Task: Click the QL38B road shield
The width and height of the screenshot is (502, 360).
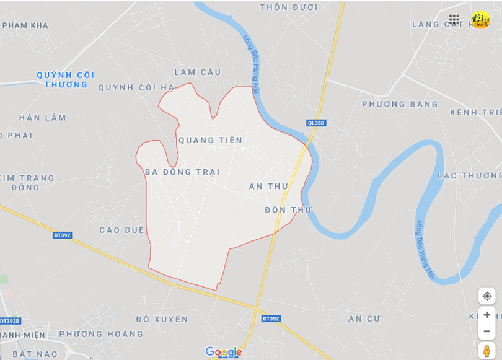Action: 316,123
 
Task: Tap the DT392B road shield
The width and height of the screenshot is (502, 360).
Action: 11,321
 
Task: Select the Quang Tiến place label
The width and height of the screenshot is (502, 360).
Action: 211,140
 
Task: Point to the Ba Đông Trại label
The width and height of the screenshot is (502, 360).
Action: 182,172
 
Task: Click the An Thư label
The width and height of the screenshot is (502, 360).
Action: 268,186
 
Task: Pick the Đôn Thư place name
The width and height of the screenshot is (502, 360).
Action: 288,210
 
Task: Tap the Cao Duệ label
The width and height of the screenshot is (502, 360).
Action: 121,230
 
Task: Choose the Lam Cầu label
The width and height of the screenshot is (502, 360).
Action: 198,72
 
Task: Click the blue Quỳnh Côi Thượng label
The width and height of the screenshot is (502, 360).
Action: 66,79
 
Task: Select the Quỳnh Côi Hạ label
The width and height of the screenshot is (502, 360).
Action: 136,87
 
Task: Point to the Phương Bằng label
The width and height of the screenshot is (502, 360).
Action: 400,104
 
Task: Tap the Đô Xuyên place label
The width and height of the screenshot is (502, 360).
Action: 162,319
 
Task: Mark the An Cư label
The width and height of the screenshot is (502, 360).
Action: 364,318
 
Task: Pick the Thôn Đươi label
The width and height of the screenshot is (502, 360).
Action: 288,7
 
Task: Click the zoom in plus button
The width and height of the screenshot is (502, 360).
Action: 487,315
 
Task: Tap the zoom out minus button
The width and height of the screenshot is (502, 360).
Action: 487,331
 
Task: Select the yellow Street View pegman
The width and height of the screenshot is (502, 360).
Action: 487,351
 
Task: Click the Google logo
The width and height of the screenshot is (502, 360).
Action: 223,352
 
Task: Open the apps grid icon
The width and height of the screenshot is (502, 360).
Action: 454,19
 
